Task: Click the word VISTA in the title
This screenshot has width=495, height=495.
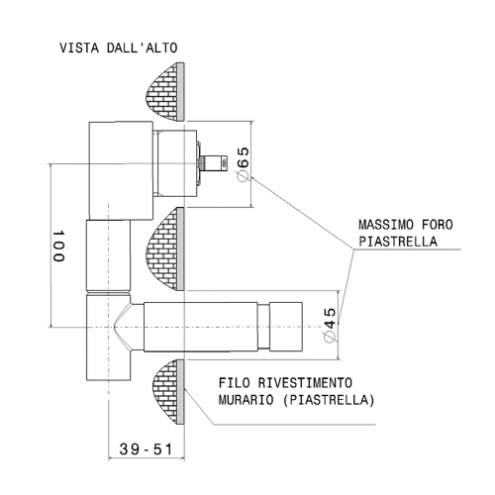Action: click(79, 48)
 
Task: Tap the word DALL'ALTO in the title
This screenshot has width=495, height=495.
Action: click(142, 48)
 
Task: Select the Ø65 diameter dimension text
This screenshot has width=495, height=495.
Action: click(244, 164)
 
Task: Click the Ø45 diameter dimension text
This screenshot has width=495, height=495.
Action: click(330, 326)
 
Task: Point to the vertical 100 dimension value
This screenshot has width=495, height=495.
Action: click(58, 246)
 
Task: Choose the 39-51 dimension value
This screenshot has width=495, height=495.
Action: click(146, 449)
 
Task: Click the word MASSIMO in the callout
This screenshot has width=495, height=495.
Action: click(386, 225)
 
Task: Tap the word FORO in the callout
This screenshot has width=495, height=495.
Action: click(438, 225)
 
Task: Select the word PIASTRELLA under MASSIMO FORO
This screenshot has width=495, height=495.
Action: click(398, 242)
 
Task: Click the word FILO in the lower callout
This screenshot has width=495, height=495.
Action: click(235, 383)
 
